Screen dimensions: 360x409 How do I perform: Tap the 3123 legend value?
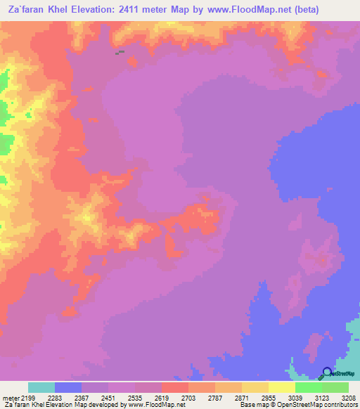click(x=322, y=398)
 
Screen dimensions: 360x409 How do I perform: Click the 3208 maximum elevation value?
click(x=349, y=398)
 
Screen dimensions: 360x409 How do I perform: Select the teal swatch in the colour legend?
click(x=41, y=387)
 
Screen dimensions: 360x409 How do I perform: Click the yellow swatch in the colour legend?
click(x=282, y=387)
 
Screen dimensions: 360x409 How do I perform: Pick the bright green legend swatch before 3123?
click(x=309, y=387)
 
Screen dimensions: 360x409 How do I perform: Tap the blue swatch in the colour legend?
click(x=68, y=387)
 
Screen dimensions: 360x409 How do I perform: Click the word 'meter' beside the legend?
click(x=8, y=398)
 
